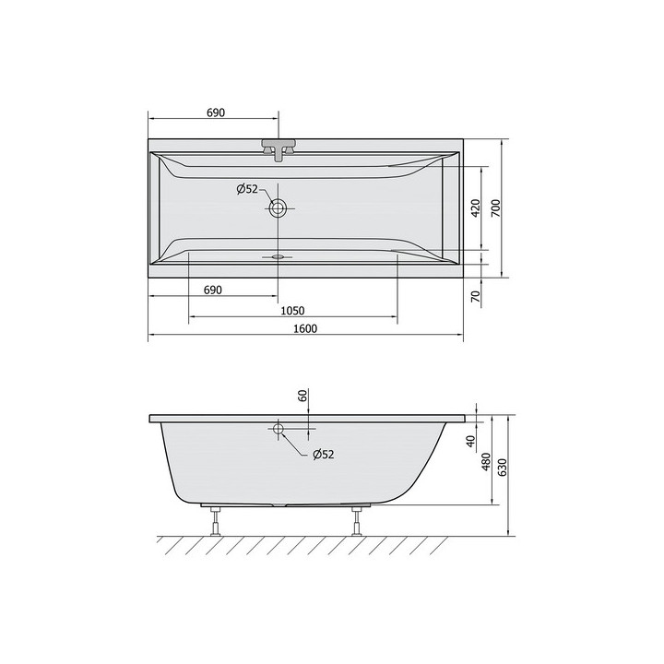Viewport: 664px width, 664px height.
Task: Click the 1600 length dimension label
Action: pos(305,328)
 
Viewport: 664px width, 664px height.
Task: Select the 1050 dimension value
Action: pos(292,311)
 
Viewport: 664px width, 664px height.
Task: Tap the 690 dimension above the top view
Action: pos(216,113)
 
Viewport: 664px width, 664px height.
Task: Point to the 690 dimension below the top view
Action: pos(213,290)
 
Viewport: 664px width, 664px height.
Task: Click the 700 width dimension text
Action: pos(496,207)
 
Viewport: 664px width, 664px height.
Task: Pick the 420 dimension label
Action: pos(476,207)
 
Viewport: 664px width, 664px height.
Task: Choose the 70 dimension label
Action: pos(477,296)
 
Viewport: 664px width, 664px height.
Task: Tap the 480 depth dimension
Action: pos(486,462)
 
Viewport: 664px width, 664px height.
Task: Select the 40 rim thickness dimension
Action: pos(470,441)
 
